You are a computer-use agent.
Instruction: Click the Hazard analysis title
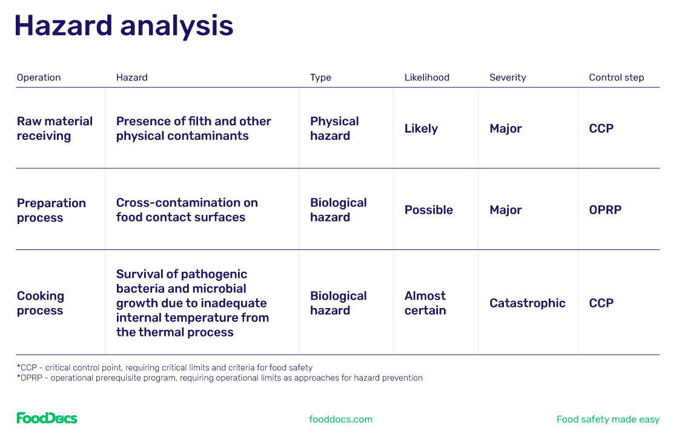tap(124, 26)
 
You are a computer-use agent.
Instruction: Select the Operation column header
tap(39, 77)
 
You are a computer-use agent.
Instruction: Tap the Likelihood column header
tap(426, 77)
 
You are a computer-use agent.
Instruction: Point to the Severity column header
tap(508, 77)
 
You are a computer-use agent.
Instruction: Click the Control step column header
tap(617, 77)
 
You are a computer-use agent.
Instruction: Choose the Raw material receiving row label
tap(55, 128)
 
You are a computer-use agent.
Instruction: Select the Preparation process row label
tap(51, 210)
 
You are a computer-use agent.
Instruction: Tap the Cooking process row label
tap(41, 303)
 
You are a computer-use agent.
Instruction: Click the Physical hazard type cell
tap(334, 128)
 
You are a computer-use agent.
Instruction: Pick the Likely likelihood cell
tap(421, 128)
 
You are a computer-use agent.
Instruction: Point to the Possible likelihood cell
tap(428, 209)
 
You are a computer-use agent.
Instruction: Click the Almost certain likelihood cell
tap(425, 303)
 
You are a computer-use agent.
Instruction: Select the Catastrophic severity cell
tap(527, 303)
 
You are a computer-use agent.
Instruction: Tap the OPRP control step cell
tap(605, 209)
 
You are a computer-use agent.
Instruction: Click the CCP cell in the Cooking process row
tap(601, 303)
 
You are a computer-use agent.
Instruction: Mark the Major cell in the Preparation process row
tap(505, 209)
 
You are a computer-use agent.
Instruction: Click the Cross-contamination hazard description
tap(187, 210)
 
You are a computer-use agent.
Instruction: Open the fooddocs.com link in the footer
tap(340, 419)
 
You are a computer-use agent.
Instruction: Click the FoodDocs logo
tap(47, 418)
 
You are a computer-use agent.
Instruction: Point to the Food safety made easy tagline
tap(608, 419)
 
